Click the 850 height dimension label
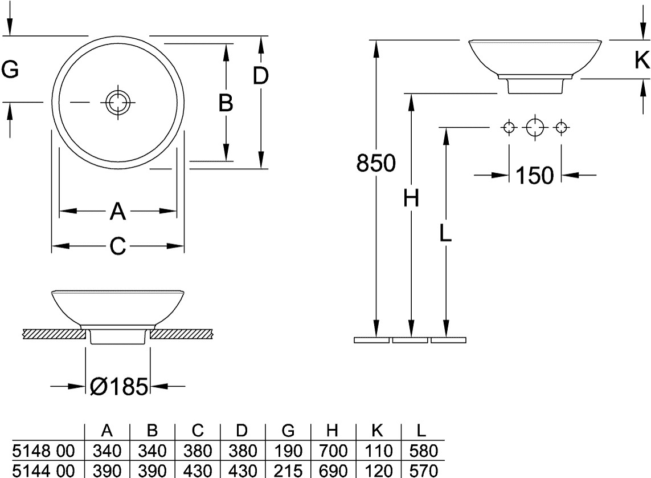[376, 164]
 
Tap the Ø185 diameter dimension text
[118, 387]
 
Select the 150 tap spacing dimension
[534, 176]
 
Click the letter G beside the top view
[10, 70]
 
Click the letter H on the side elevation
[411, 199]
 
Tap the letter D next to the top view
[260, 76]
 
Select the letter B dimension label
[226, 104]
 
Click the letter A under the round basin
[117, 212]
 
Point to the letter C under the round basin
[117, 246]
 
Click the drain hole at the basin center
[118, 103]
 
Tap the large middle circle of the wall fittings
[535, 127]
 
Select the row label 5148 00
[43, 452]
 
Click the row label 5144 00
[43, 471]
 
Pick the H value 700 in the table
[333, 452]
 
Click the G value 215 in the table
[288, 471]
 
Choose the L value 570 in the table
[423, 471]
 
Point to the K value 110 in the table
[378, 452]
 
